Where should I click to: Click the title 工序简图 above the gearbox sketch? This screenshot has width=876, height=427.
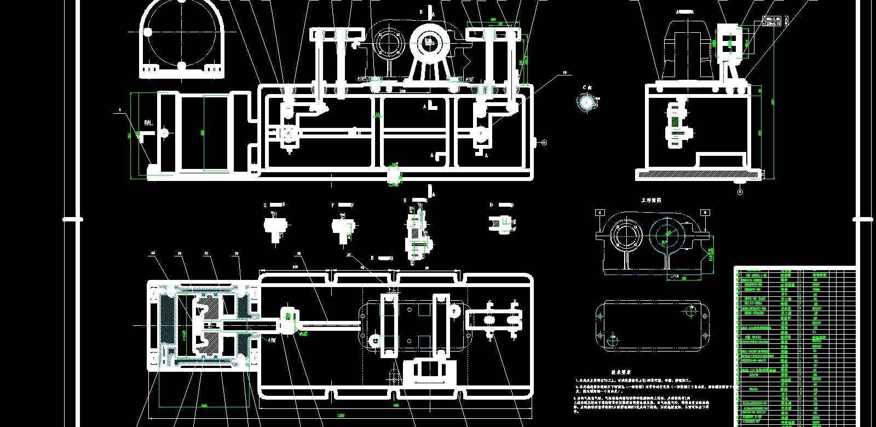pyautogui.click(x=651, y=201)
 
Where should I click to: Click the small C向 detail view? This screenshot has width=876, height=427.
pyautogui.click(x=588, y=102)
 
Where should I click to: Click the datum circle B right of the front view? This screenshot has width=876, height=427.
pyautogui.click(x=544, y=143)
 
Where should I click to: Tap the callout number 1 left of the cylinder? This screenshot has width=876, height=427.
pyautogui.click(x=119, y=110)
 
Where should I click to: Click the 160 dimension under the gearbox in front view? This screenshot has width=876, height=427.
pyautogui.click(x=402, y=91)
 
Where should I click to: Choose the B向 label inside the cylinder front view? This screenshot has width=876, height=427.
pyautogui.click(x=147, y=122)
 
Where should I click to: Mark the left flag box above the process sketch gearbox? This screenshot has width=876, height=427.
pyautogui.click(x=600, y=212)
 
